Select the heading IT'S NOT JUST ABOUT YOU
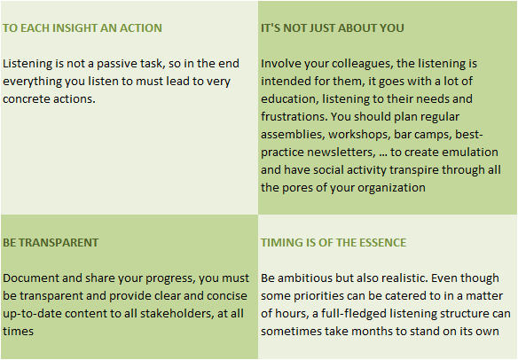click(333, 28)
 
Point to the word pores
click(298, 188)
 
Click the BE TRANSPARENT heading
click(51, 243)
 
